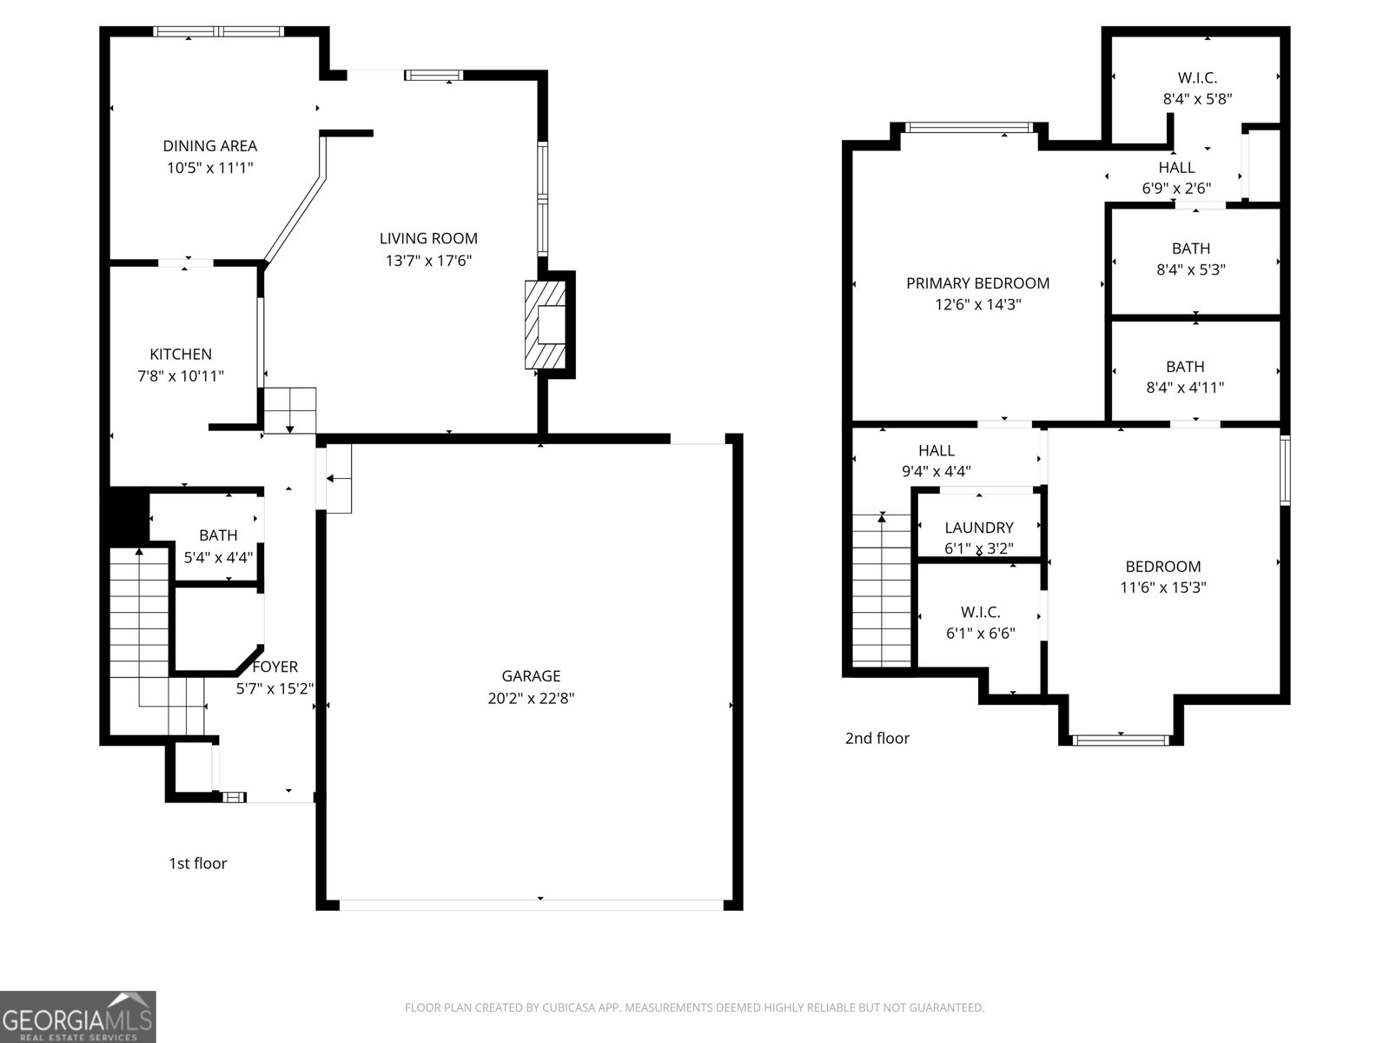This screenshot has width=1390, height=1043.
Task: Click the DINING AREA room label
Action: point(209,146)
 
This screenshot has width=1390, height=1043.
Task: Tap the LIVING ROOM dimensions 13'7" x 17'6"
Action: point(428,260)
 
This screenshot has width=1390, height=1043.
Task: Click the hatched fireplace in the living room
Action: point(545,324)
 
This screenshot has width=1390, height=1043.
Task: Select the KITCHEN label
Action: point(181,354)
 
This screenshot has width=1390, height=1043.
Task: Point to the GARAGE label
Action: point(531,675)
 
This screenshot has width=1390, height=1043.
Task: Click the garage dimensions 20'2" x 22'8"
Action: point(531,697)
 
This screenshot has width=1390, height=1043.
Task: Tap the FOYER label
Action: point(275,667)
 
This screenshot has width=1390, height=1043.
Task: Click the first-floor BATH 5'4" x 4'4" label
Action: point(218,535)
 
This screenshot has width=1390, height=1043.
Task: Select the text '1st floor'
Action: point(197,863)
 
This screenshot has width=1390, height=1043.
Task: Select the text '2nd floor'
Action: point(877,738)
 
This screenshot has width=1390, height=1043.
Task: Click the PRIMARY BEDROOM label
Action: point(977,282)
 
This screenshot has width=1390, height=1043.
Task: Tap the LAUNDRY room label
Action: point(978,528)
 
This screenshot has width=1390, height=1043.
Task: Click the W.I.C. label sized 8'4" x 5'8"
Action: point(1197,77)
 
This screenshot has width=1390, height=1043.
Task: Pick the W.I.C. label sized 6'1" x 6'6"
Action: point(980,612)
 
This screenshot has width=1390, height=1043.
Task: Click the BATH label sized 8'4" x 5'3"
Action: point(1190,249)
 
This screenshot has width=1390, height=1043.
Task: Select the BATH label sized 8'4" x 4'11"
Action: point(1185,367)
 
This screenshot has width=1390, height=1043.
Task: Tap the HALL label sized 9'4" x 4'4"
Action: point(936,450)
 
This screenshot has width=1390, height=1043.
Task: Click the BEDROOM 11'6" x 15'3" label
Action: point(1162,566)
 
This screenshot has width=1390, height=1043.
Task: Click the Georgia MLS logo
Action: point(77,1016)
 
